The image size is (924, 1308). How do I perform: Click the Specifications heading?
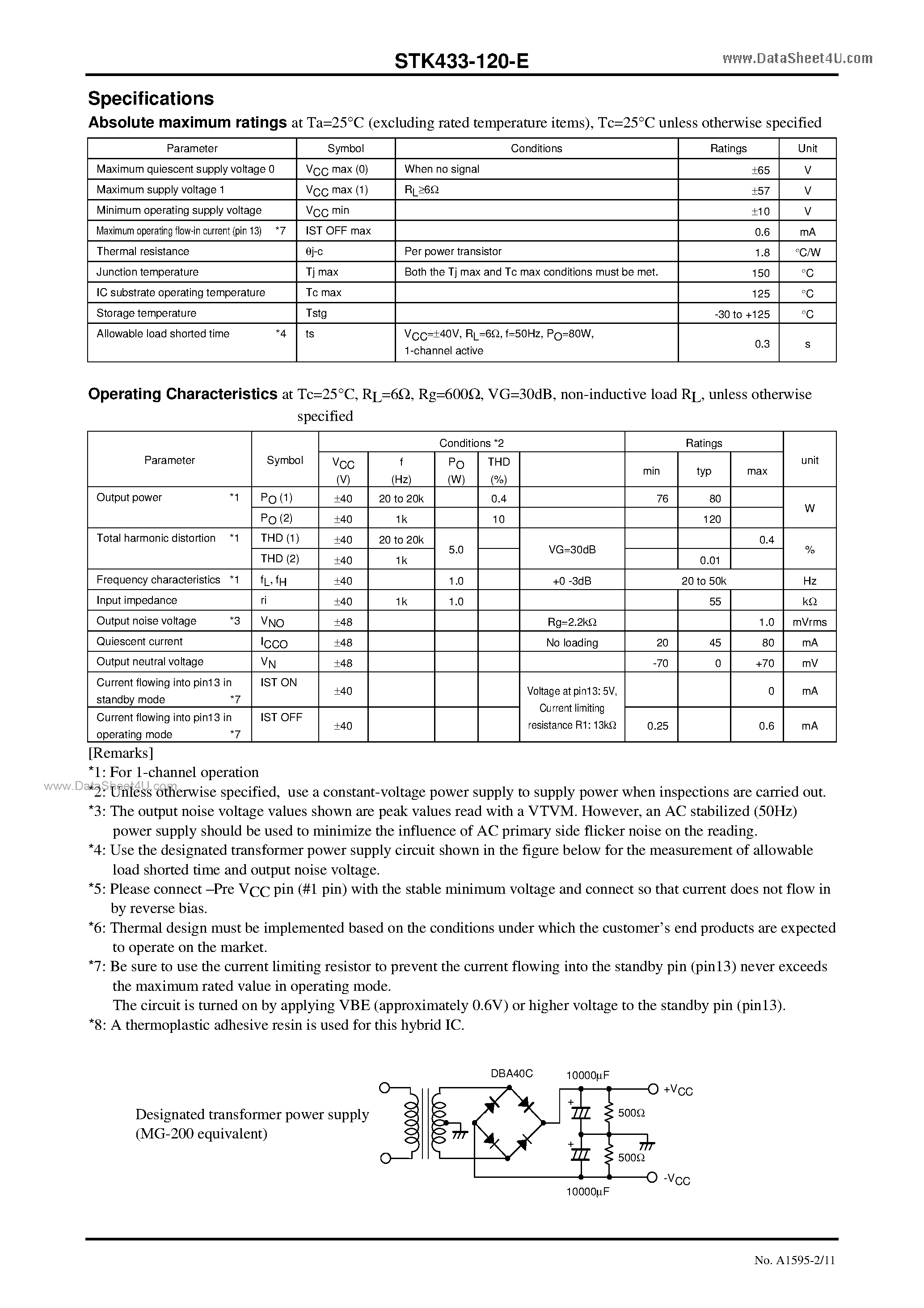[x=151, y=98]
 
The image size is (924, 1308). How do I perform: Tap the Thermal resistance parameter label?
[x=143, y=251]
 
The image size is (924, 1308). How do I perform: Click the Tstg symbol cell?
[x=316, y=313]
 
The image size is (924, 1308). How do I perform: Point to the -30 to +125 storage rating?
[x=742, y=314]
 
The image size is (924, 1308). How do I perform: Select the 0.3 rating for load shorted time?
[x=762, y=344]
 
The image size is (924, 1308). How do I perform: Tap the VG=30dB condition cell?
[x=572, y=550]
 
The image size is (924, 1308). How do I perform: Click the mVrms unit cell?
[x=809, y=622]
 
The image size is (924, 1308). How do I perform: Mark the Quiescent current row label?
[x=139, y=641]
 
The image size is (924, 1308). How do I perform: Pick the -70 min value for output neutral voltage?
[x=660, y=663]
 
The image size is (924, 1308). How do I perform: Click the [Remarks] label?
[x=121, y=753]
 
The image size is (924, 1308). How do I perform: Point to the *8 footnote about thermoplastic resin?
[x=276, y=1025]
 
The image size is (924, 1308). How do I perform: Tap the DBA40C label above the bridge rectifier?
[x=511, y=1073]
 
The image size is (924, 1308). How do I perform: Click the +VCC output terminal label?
[x=678, y=1090]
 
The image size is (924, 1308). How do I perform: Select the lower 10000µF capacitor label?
[x=587, y=1191]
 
